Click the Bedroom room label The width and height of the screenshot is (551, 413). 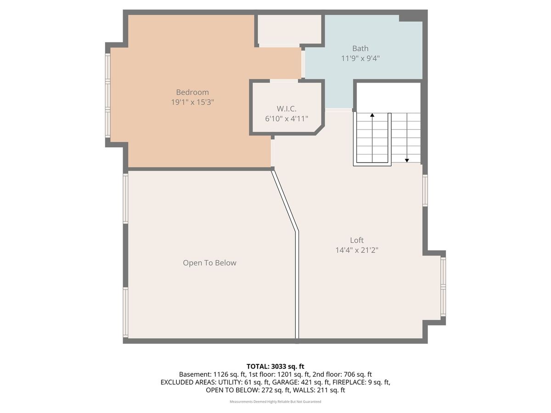coord(192,92)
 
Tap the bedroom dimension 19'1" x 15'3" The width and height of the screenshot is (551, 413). coord(192,102)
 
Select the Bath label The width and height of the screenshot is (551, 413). coord(360,48)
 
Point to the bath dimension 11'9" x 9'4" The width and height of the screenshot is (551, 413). coord(360,58)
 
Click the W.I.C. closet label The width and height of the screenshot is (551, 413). coord(287,109)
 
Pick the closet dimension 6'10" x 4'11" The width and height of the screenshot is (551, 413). coord(287,118)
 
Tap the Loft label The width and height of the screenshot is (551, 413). coord(357,240)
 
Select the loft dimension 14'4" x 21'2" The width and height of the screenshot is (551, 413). coord(357,250)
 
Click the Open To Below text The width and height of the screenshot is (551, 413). coord(209,263)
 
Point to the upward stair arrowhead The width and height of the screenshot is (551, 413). coord(372,115)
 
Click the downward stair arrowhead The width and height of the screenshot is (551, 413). coord(407,160)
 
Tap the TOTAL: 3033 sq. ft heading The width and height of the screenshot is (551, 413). coord(275,367)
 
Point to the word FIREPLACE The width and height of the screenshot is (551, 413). coord(349,382)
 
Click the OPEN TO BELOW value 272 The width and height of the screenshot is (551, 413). coord(267,390)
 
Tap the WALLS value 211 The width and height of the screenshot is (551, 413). coord(322,390)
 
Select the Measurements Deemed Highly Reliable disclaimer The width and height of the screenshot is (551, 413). coord(275,402)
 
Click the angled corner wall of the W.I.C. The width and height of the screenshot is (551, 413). coord(320,130)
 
